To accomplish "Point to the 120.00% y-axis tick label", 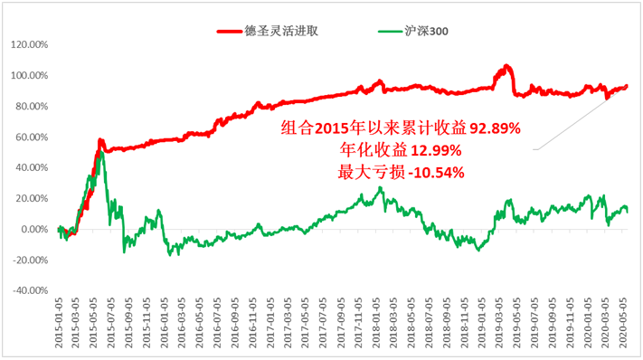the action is pos(30,44).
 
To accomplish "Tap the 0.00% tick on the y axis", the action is pos(35,229).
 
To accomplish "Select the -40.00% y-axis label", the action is pos(31,290).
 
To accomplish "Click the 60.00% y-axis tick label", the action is pos(32,137).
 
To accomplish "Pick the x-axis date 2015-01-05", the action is pos(59,323).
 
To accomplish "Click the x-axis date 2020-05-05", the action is pos(623,323).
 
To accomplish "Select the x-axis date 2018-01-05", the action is pos(376,323).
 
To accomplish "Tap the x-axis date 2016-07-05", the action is pos(217,323).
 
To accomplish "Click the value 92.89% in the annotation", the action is pos(496,128).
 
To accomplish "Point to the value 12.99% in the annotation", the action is pos(436,150).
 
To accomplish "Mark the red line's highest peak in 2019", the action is pos(506,66).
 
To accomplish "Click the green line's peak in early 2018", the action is pos(380,189).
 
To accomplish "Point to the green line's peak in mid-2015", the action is pos(102,153).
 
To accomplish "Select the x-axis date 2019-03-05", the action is pos(499,323).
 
